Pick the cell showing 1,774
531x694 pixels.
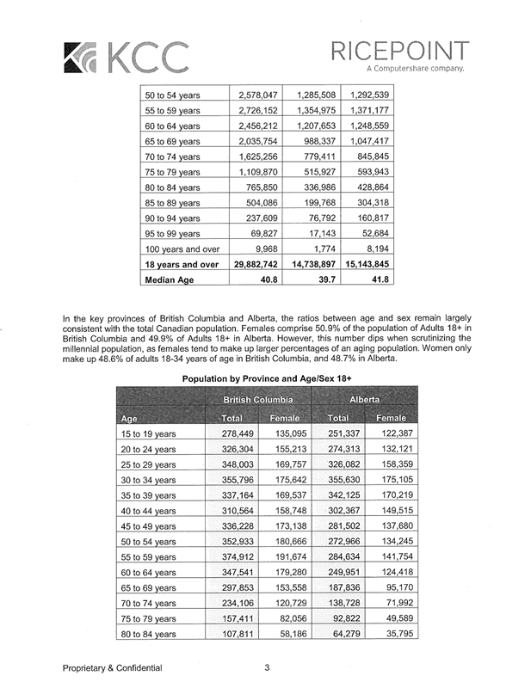[x=316, y=248]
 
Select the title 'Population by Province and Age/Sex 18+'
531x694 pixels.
[x=267, y=378]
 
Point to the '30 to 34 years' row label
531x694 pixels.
[x=148, y=479]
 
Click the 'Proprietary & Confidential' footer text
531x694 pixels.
[x=112, y=668]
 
